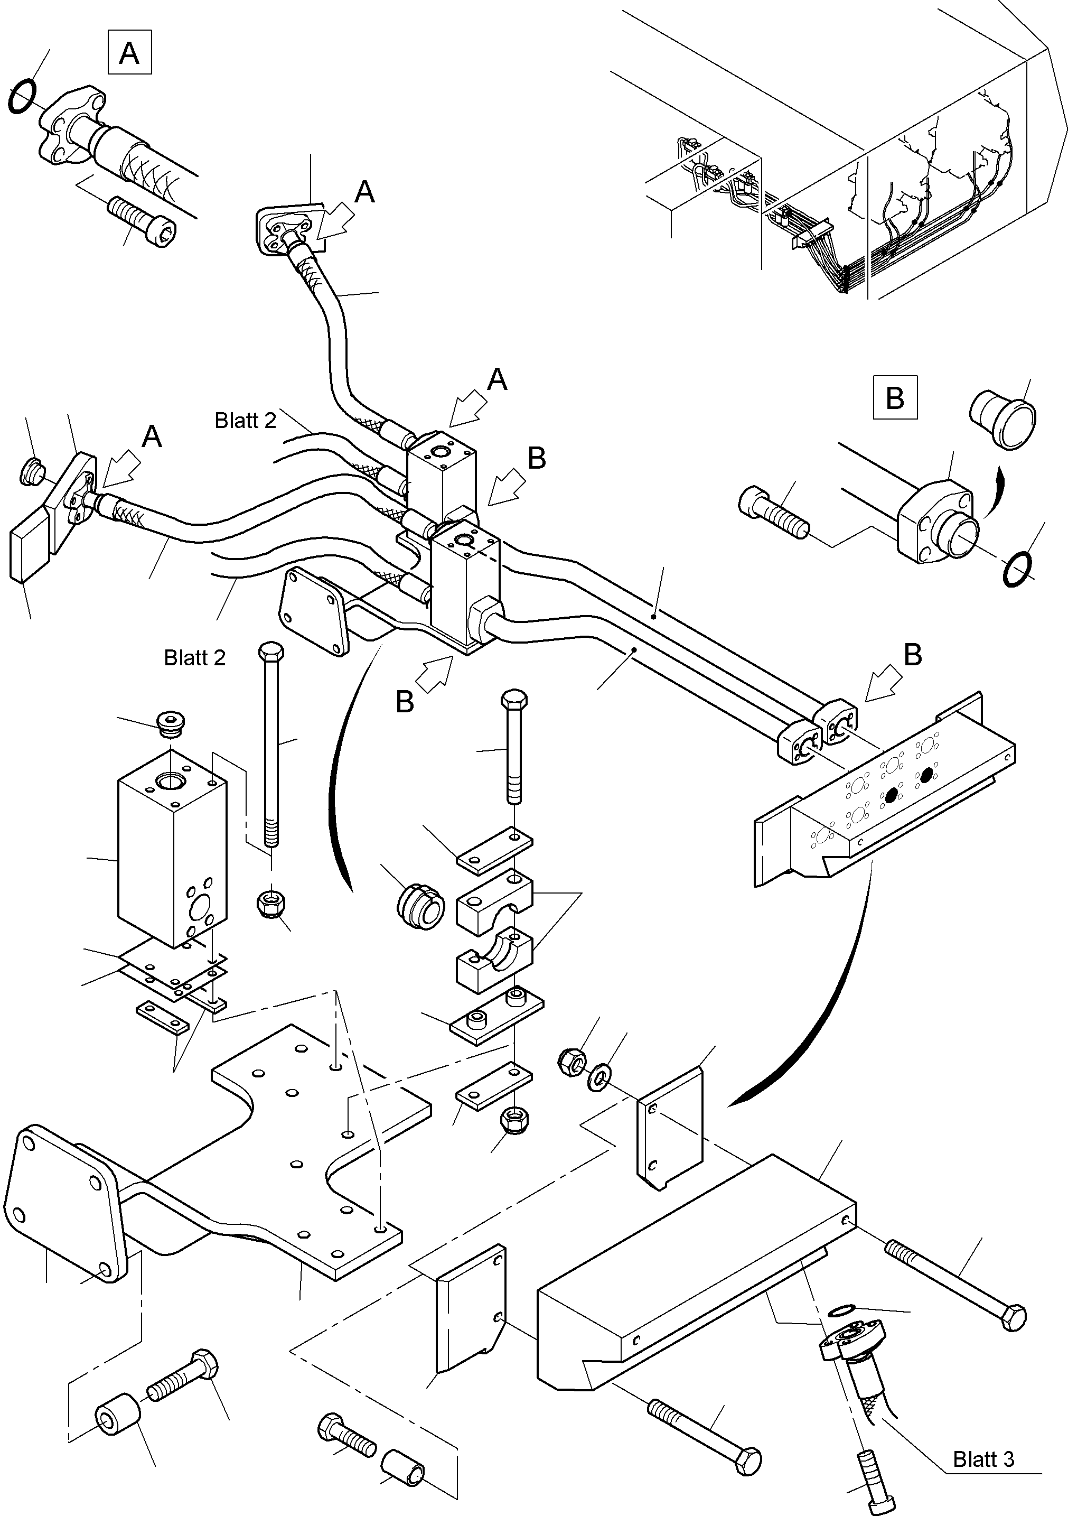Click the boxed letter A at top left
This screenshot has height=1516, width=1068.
click(129, 52)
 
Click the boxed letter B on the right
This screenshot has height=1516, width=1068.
click(894, 397)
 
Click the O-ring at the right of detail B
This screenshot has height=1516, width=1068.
click(1017, 569)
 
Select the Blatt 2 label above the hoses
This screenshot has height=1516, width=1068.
click(245, 421)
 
